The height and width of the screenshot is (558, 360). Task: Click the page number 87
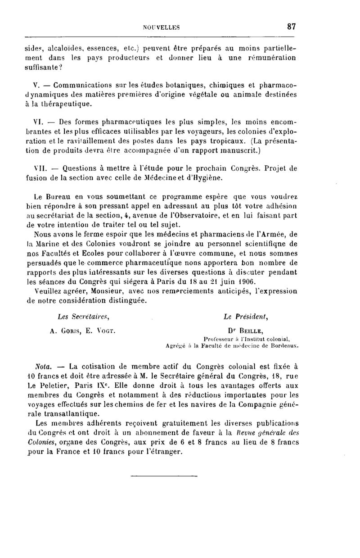[291, 27]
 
